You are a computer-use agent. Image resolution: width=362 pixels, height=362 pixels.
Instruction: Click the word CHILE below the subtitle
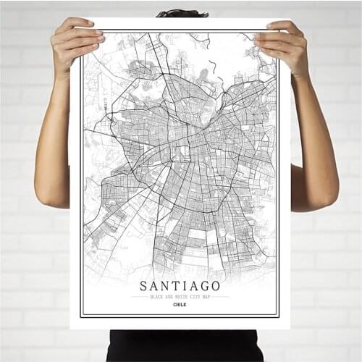point(180,305)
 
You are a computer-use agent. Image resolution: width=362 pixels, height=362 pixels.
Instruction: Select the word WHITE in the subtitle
point(178,297)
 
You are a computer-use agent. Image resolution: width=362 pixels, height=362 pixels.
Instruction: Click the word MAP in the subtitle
point(206,297)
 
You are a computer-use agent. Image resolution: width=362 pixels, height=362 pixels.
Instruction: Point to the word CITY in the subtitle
point(193,297)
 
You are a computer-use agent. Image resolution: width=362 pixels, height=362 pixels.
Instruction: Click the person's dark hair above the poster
point(182,13)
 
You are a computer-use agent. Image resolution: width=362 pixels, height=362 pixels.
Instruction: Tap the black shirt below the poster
point(181,346)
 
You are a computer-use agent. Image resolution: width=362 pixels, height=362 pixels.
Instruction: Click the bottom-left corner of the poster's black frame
point(81,316)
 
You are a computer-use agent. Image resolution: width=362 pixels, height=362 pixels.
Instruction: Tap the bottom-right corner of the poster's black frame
point(279,316)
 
